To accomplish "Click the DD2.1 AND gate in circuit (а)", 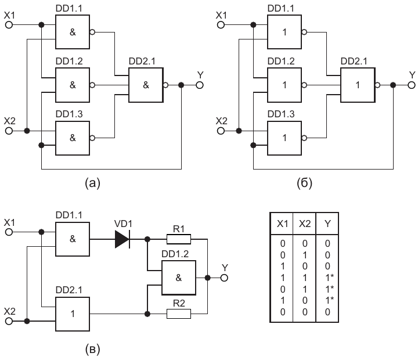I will pos(146,85).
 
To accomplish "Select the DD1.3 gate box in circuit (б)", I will pos(285,138).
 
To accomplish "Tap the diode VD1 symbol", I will pos(122,239).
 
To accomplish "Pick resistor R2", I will pos(178,314).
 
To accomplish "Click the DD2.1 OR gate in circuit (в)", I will pos(73,314).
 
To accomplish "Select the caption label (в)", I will pos(92,349).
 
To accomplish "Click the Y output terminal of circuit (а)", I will pos(199,85).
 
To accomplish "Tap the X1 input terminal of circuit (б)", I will pos(220,26).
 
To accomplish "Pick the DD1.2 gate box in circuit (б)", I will pos(285,85).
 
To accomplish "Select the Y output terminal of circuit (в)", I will pos(225,277).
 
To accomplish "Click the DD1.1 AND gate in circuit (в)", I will pos(73,239).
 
